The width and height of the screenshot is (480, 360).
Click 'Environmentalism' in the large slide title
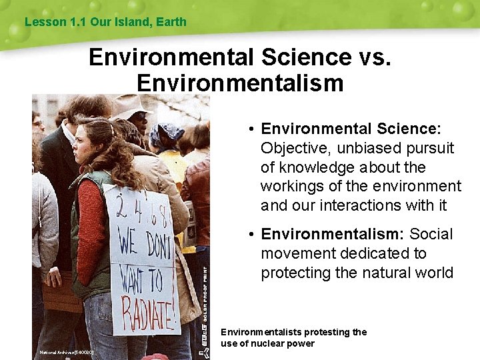tap(239, 83)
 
